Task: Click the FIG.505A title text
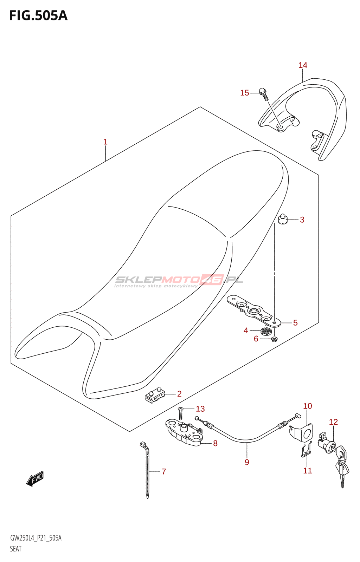pyautogui.click(x=38, y=16)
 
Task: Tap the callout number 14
pyautogui.click(x=303, y=65)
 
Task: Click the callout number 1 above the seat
pyautogui.click(x=105, y=142)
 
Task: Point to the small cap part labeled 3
pyautogui.click(x=282, y=220)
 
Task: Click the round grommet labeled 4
pyautogui.click(x=266, y=331)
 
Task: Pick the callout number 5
pyautogui.click(x=295, y=323)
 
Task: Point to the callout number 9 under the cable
pyautogui.click(x=247, y=462)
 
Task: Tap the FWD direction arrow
pyautogui.click(x=35, y=478)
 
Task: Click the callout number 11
pyautogui.click(x=308, y=471)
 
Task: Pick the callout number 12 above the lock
pyautogui.click(x=333, y=422)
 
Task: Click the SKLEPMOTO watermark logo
pyautogui.click(x=179, y=280)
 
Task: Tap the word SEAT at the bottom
pyautogui.click(x=16, y=549)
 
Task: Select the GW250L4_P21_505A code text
pyautogui.click(x=36, y=538)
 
